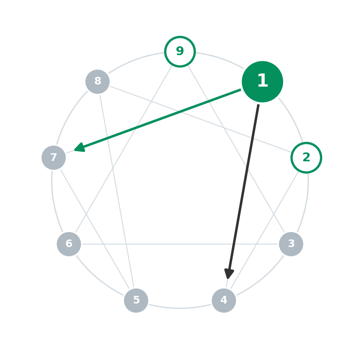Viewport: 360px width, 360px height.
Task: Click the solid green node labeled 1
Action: [x=262, y=82]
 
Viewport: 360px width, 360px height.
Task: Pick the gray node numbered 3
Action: [x=291, y=244]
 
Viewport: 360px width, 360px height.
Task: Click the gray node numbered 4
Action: [x=224, y=301]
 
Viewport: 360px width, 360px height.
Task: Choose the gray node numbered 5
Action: [x=136, y=301]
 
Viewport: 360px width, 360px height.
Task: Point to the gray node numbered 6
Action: [x=69, y=244]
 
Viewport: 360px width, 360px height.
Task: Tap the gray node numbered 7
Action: [x=54, y=158]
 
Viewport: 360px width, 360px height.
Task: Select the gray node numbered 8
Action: [x=98, y=82]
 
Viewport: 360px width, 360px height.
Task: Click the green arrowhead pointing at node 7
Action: [x=80, y=148]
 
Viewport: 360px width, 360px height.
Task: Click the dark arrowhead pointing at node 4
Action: [x=229, y=274]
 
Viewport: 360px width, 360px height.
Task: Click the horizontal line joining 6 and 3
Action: [x=180, y=244]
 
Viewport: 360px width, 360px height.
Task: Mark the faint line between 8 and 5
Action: [x=117, y=191]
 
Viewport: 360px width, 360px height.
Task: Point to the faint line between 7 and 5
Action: [x=95, y=229]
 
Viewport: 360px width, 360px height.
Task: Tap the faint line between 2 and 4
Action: [x=265, y=230]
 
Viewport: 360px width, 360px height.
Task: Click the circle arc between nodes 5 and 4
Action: [x=180, y=308]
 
